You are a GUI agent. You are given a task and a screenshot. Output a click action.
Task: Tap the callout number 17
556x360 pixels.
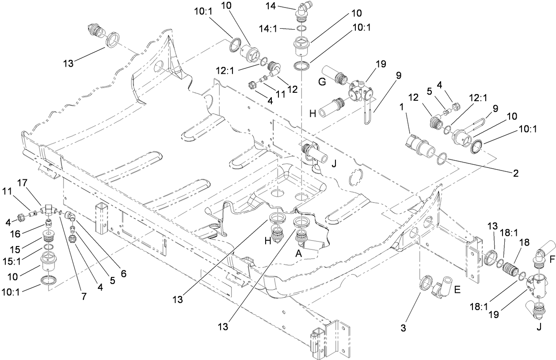(x=23, y=182)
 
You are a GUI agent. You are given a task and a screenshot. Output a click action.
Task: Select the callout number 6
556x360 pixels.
(x=123, y=273)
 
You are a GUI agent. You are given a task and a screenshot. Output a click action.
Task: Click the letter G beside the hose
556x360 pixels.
(x=322, y=81)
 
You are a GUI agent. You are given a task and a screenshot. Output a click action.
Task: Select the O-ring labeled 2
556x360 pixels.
(x=442, y=159)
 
